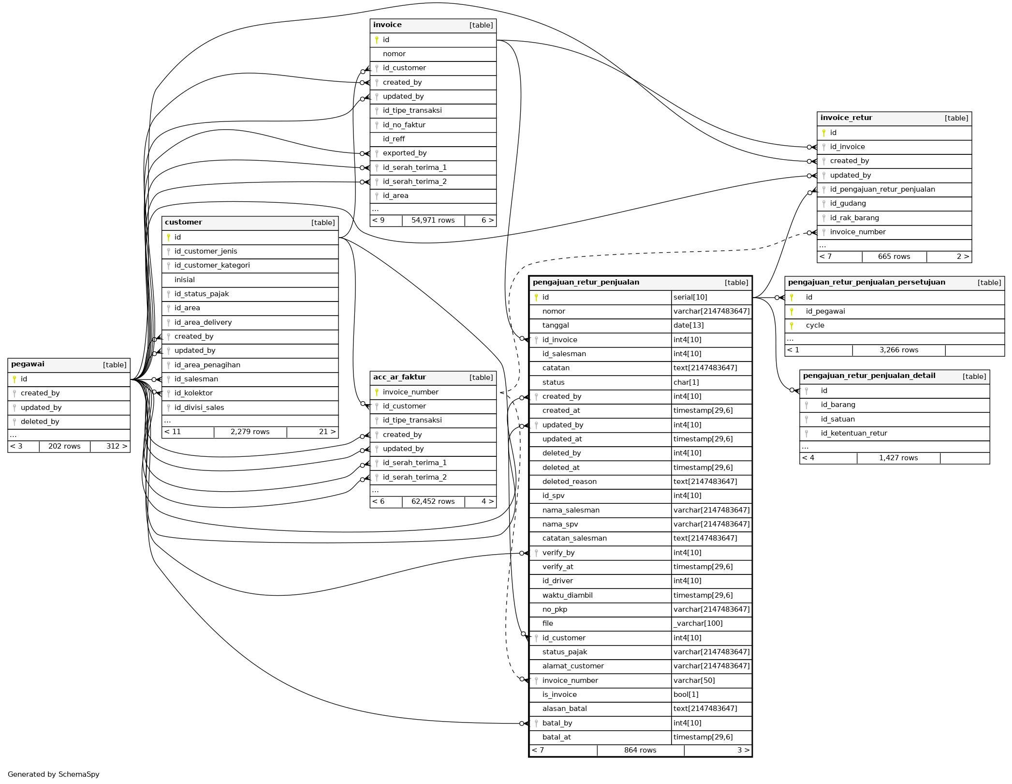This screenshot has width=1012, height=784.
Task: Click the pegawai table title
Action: pyautogui.click(x=28, y=364)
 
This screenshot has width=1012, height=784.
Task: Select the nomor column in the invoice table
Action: pyautogui.click(x=394, y=54)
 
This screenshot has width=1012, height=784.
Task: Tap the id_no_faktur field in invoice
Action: pyautogui.click(x=404, y=125)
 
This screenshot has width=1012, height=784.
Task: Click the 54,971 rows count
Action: pyautogui.click(x=433, y=221)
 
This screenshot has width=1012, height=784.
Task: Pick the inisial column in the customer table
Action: pyautogui.click(x=184, y=280)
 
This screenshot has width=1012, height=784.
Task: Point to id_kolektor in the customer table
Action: pyautogui.click(x=193, y=393)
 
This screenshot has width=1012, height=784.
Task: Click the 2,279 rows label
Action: pyautogui.click(x=250, y=432)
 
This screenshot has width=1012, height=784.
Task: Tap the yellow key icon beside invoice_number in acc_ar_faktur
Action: pyautogui.click(x=377, y=392)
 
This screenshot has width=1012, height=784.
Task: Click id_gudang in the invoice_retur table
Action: pyautogui.click(x=848, y=203)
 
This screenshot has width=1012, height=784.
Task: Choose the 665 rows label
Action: pyautogui.click(x=894, y=256)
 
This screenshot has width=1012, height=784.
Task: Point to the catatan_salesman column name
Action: pyautogui.click(x=574, y=538)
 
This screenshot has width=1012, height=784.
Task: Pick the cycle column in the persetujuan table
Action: pyautogui.click(x=815, y=325)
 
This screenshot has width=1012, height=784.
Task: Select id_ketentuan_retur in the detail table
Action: pyautogui.click(x=853, y=433)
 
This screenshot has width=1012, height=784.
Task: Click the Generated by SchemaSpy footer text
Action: pyautogui.click(x=54, y=774)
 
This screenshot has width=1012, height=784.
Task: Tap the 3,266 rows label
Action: pyautogui.click(x=898, y=350)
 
